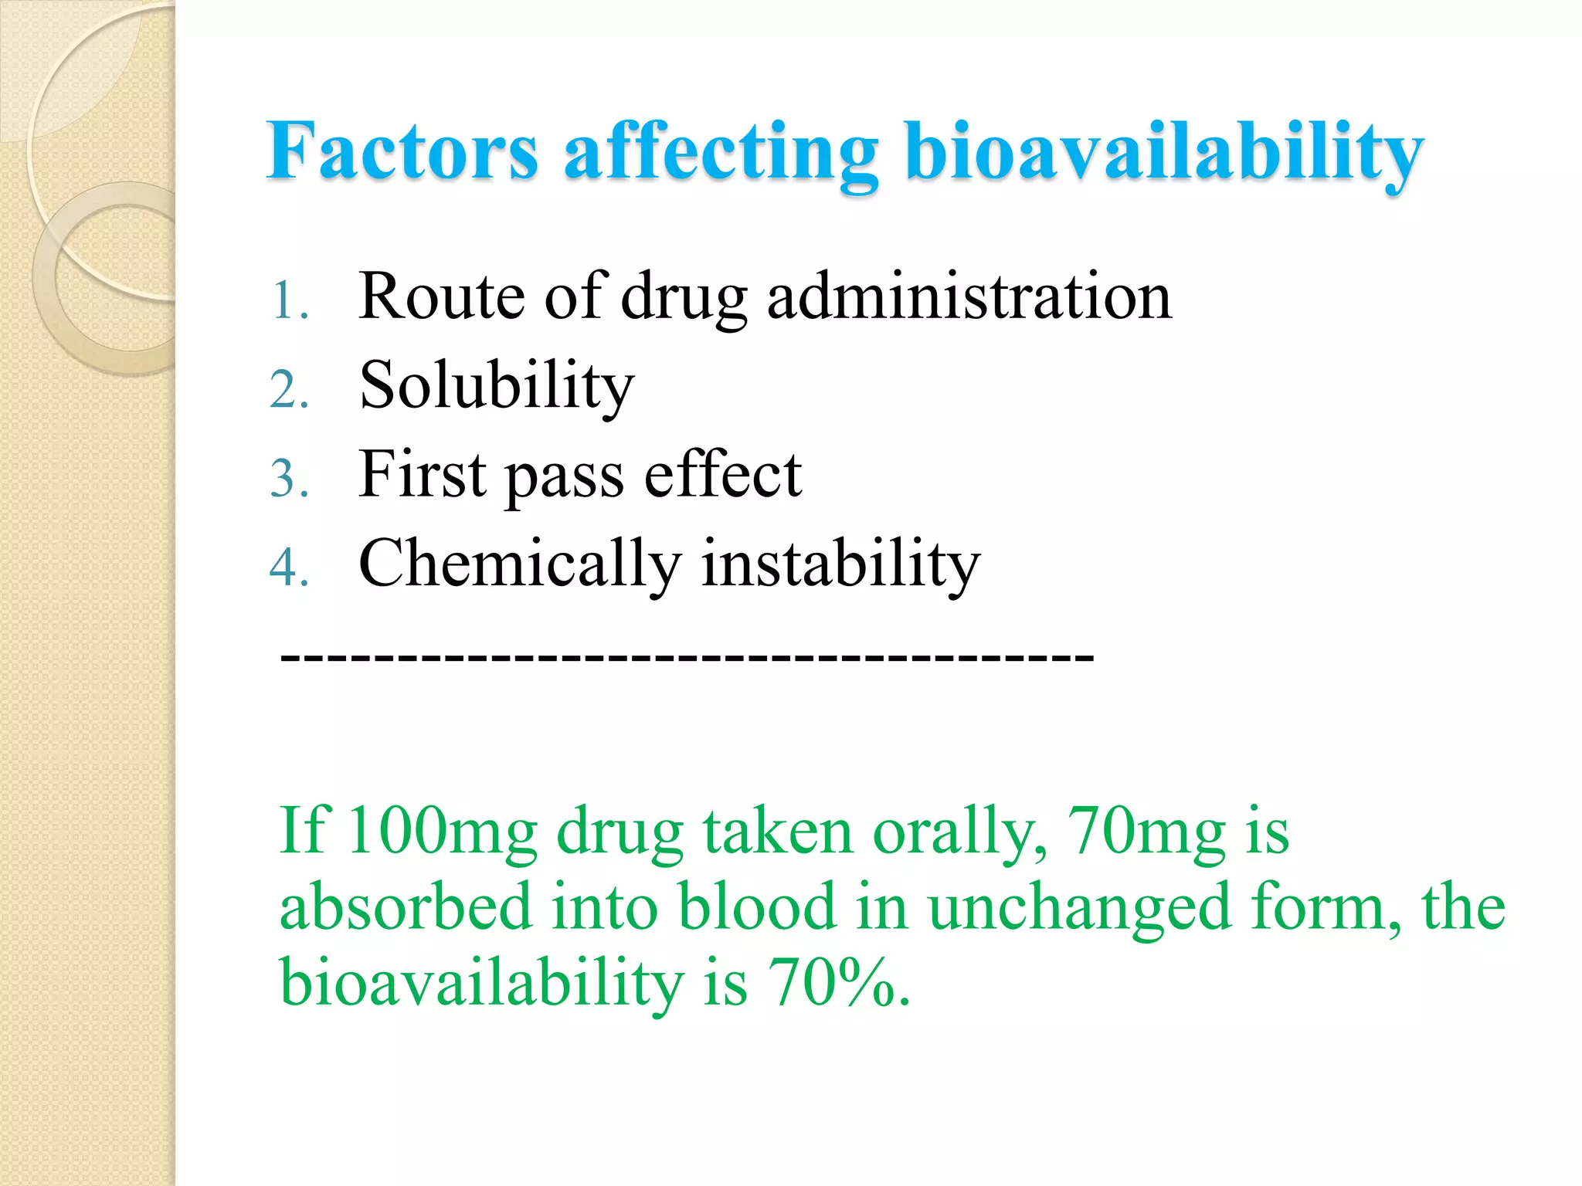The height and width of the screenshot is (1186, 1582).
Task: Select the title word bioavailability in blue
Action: pyautogui.click(x=1164, y=152)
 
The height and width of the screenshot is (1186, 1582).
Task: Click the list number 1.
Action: pyautogui.click(x=289, y=301)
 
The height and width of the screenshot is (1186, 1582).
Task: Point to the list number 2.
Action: pyautogui.click(x=289, y=389)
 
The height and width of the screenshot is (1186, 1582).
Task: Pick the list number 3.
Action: pyautogui.click(x=289, y=478)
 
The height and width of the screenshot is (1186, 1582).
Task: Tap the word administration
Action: pyautogui.click(x=969, y=296)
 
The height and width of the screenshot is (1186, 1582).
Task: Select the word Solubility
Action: pyautogui.click(x=497, y=385)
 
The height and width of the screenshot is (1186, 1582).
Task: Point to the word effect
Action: pyautogui.click(x=723, y=474)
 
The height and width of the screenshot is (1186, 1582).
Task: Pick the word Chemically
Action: pyautogui.click(x=520, y=564)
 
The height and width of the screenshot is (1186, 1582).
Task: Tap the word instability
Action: pyautogui.click(x=840, y=563)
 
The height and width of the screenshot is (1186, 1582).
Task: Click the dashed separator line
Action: pyautogui.click(x=687, y=659)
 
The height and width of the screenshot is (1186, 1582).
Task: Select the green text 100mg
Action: pyautogui.click(x=442, y=832)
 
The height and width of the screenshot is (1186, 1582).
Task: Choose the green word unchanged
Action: pyautogui.click(x=1079, y=907)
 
